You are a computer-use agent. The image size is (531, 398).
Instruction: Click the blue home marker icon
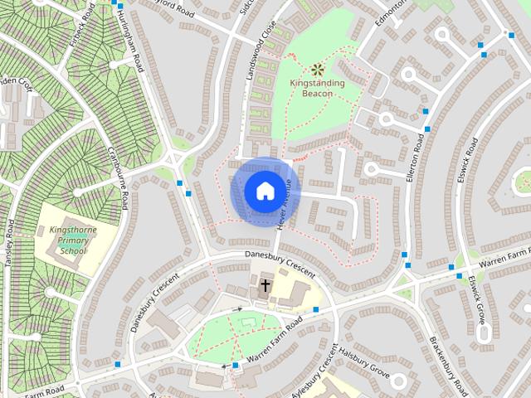tap(265, 191)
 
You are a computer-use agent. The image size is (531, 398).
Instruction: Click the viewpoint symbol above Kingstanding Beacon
tap(317, 70)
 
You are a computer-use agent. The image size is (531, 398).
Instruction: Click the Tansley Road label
tap(11, 241)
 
